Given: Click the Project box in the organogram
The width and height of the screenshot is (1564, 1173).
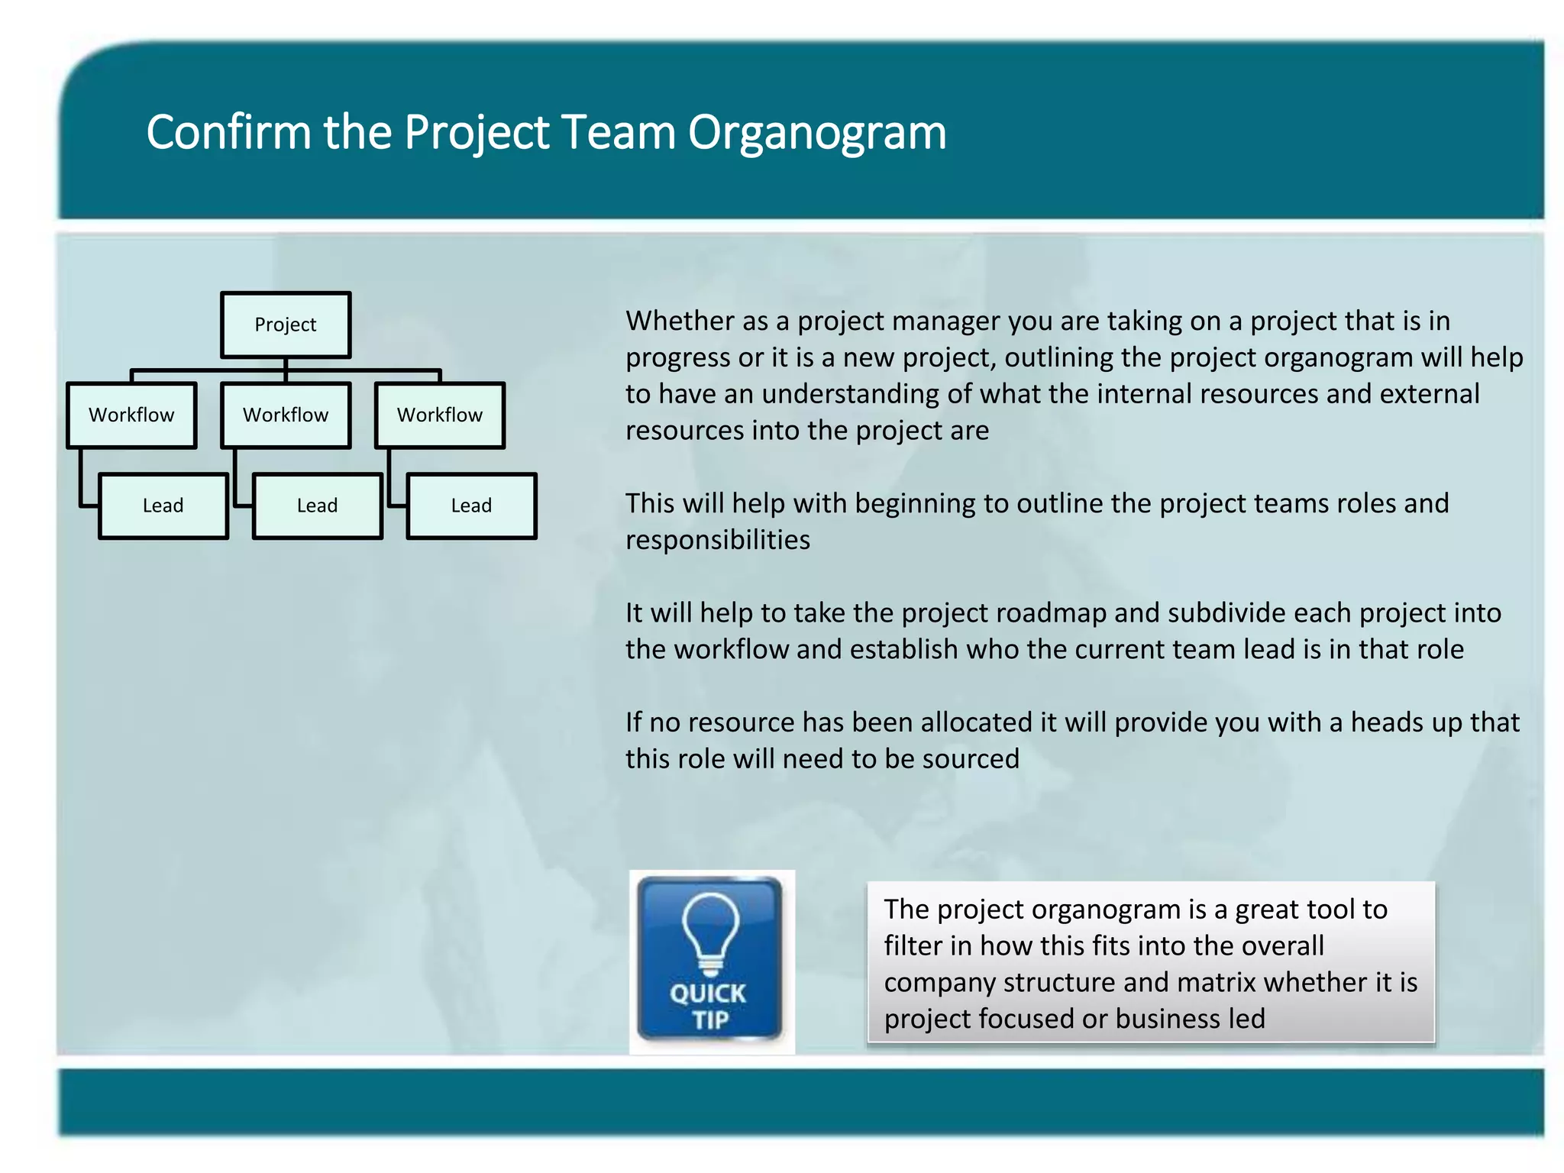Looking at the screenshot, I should coord(285,325).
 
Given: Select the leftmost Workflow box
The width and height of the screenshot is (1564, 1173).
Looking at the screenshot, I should coord(131,415).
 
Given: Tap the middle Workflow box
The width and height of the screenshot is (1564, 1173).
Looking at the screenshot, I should coord(285,415).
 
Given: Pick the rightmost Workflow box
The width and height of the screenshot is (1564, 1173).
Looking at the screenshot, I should coord(439,415).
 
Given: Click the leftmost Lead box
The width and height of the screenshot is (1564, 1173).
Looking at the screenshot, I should coord(163,506).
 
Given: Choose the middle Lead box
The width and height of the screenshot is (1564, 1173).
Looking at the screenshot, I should coord(317,506).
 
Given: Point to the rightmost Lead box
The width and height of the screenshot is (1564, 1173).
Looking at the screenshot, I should coord(471,506).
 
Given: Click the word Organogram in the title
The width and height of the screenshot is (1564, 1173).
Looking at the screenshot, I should coord(816,133).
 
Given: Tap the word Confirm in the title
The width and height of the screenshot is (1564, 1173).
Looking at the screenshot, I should coord(228,131).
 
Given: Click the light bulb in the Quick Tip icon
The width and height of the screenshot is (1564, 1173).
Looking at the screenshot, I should coord(710,932).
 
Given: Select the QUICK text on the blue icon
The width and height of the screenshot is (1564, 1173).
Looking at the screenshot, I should coord(708,994).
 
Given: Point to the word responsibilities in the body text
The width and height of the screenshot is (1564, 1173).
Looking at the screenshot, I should coord(718,540).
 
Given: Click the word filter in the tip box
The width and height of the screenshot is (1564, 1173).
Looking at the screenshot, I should coord(913,946).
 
